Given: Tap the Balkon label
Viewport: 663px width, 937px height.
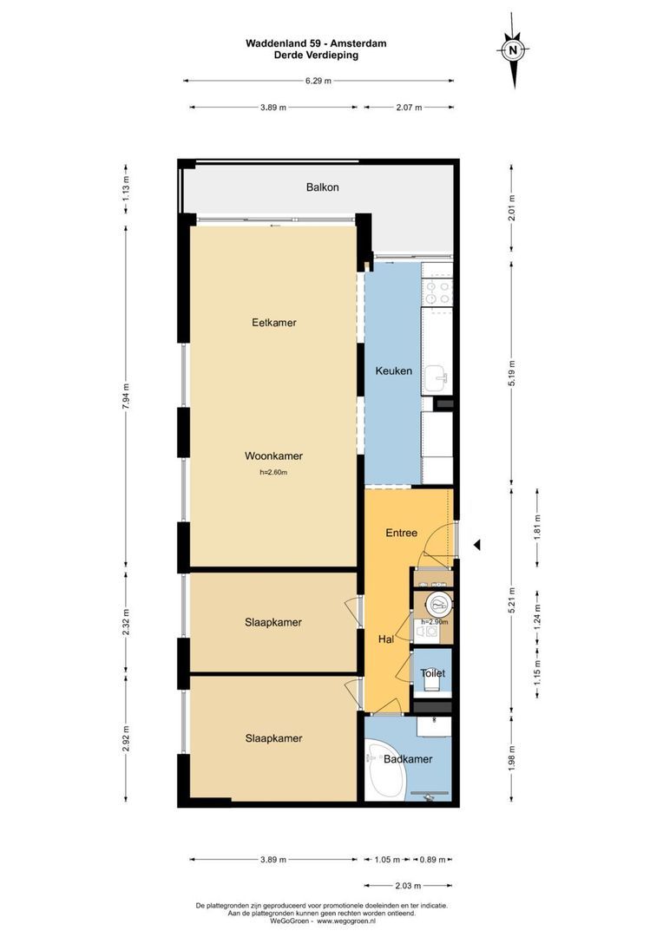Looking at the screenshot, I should click(322, 187).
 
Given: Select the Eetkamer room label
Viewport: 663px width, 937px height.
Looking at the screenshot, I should click(274, 323).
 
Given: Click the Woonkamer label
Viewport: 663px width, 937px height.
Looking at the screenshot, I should click(273, 456).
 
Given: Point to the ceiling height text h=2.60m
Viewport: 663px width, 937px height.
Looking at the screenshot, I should click(273, 473).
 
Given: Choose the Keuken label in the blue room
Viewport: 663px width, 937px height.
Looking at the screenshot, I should click(393, 371).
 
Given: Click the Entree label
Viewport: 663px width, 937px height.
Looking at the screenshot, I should click(402, 533).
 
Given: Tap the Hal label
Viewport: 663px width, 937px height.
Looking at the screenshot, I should click(387, 639).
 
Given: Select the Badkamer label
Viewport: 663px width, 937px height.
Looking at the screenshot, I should click(408, 759).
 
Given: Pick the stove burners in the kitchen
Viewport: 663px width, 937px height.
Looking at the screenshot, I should click(437, 293).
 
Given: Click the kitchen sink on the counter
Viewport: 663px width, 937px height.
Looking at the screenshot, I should click(438, 376).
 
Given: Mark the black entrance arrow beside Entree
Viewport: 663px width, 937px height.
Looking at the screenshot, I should click(476, 545).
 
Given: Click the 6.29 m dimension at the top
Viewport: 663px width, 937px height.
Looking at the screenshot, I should click(318, 82).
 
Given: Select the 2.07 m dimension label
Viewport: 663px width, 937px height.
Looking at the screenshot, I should click(409, 108).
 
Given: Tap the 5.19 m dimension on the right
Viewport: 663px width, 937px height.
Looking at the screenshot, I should click(512, 364).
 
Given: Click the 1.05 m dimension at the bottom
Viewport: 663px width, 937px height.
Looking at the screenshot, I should click(387, 860).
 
